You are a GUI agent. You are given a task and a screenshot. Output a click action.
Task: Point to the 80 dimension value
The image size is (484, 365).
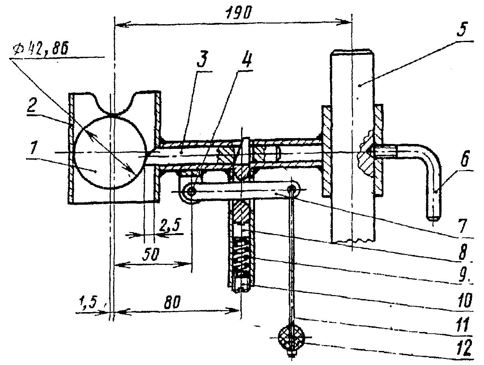[x=172, y=302]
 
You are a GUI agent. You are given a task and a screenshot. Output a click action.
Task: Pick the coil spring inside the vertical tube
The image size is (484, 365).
[x=242, y=258]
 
